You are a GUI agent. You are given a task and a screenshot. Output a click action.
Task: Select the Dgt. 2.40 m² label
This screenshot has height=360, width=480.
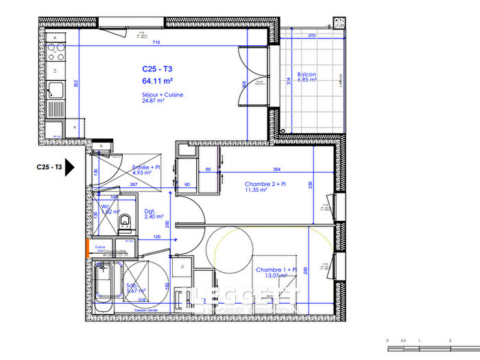(x=152, y=214)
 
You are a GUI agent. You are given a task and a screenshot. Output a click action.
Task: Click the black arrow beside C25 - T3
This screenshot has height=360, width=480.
(x=71, y=167)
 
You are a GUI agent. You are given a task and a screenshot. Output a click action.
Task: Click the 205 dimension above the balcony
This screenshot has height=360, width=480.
(x=311, y=34)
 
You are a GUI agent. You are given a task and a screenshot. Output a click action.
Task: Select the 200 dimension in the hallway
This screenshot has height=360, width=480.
(x=167, y=224)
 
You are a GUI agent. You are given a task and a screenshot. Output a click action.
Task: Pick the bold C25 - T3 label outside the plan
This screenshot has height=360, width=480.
(x=49, y=167)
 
